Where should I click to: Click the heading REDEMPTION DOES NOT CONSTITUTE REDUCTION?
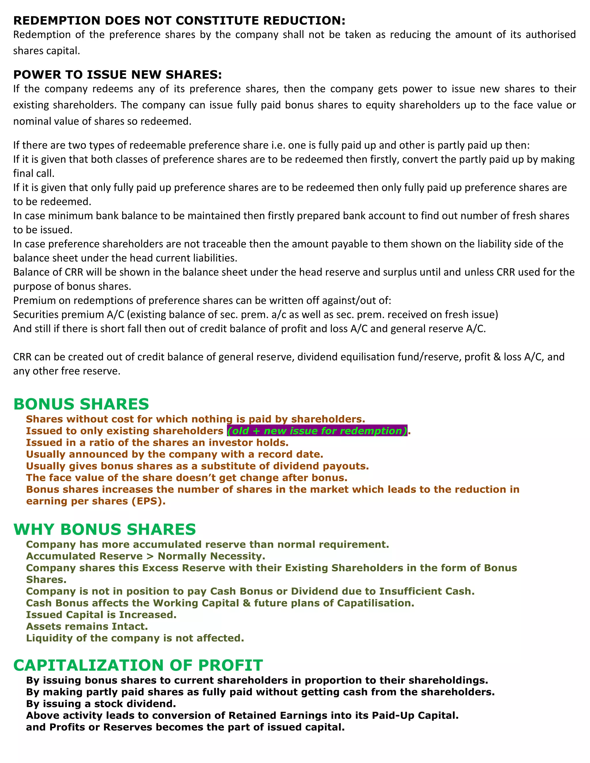pos(179,21)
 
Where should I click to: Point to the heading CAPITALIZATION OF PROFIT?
pos(138,665)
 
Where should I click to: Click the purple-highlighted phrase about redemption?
pos(317,431)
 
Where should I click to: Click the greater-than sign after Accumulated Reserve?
pos(150,556)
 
